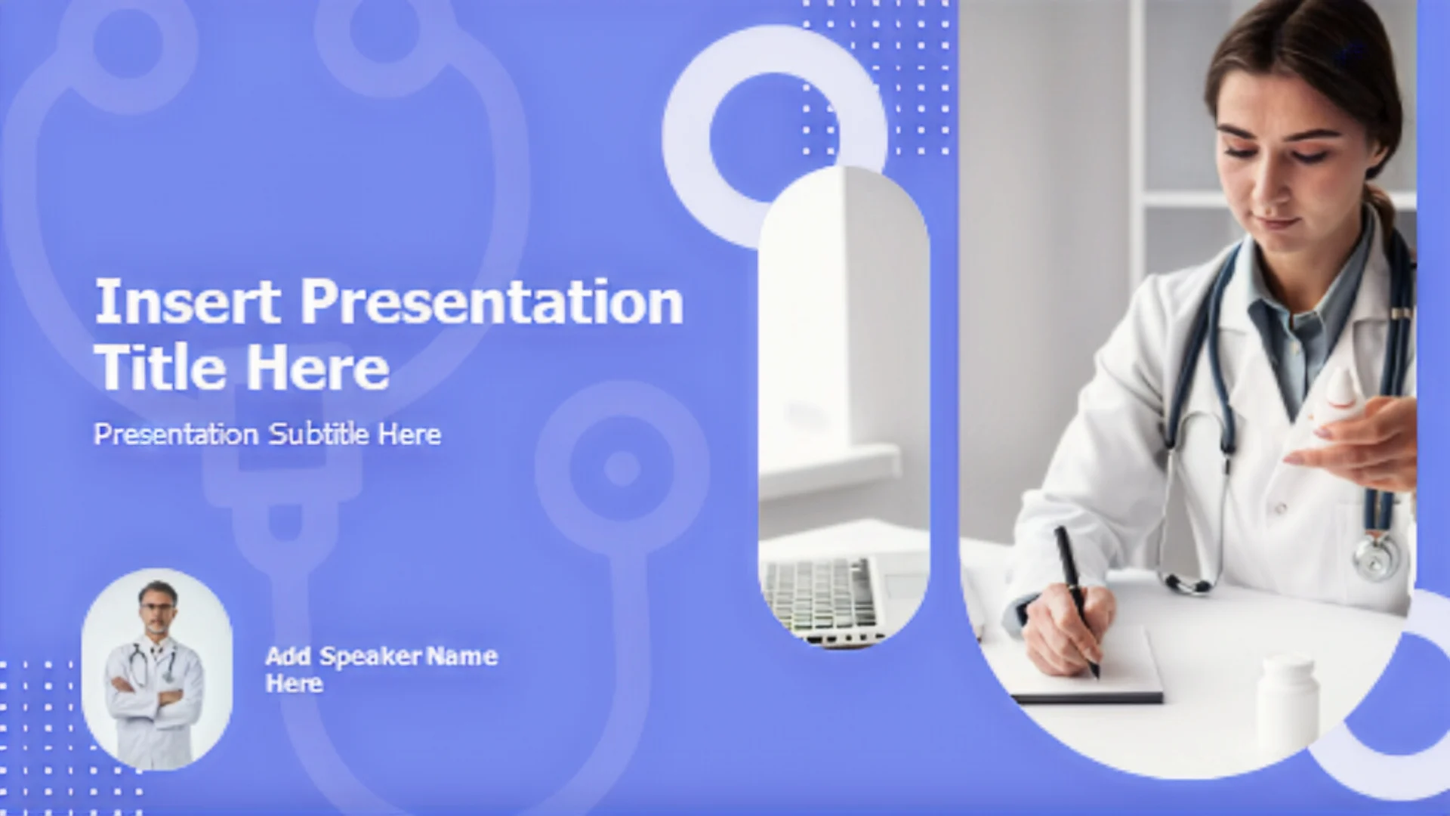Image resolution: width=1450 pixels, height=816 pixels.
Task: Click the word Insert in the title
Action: (187, 302)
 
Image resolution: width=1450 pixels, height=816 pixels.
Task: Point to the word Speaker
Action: (370, 657)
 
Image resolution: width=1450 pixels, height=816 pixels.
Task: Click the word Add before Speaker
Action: (288, 656)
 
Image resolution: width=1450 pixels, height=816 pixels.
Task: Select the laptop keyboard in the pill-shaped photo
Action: (820, 595)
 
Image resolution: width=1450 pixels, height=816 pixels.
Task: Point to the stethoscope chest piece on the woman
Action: (1375, 558)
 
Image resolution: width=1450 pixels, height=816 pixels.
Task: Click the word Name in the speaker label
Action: (461, 656)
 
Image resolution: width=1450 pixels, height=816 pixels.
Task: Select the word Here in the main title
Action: (318, 367)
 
